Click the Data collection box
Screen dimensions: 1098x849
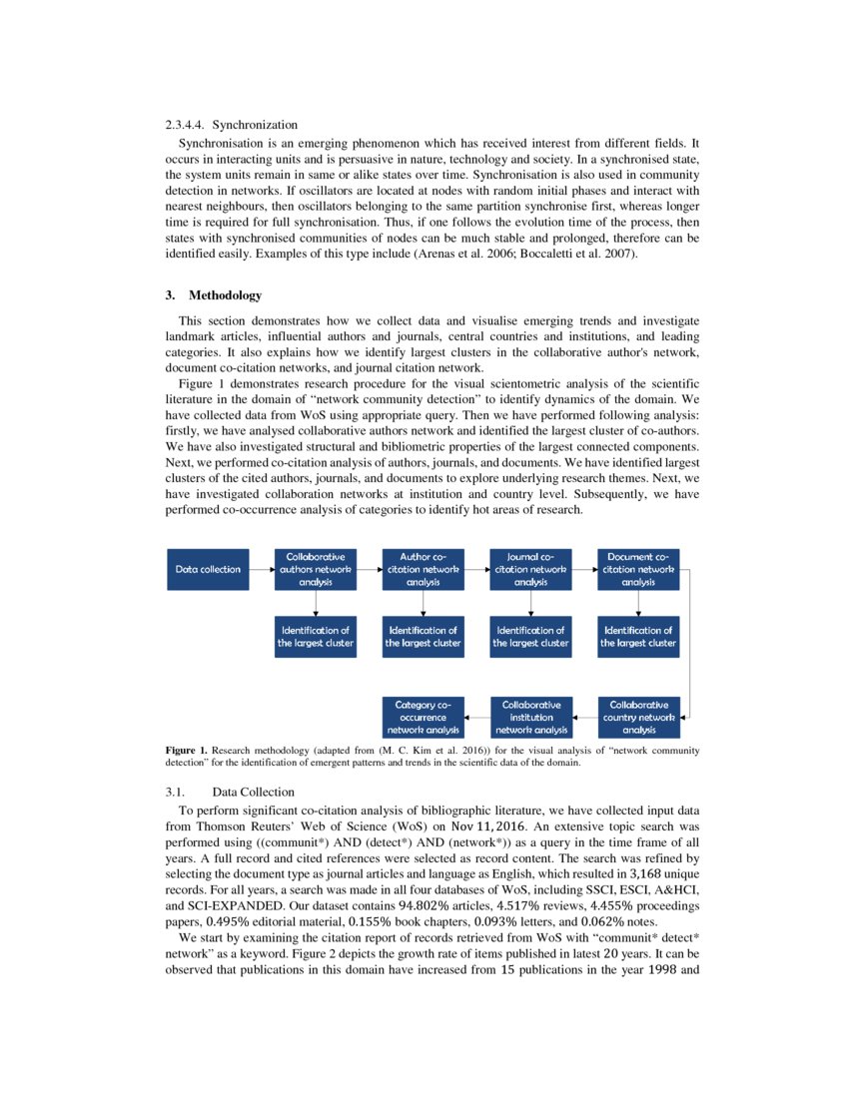pyautogui.click(x=208, y=569)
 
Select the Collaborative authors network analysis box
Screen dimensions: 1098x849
pyautogui.click(x=316, y=569)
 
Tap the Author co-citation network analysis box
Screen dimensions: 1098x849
pyautogui.click(x=424, y=569)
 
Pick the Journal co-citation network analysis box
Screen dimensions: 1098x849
pyautogui.click(x=530, y=569)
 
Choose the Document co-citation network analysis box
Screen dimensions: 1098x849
pyautogui.click(x=638, y=569)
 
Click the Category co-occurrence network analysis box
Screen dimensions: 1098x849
pyautogui.click(x=424, y=717)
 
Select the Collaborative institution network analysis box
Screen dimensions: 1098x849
pyautogui.click(x=530, y=717)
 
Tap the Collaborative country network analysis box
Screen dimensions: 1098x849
pyautogui.click(x=638, y=717)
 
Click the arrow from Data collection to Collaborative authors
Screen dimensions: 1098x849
pyautogui.click(x=262, y=569)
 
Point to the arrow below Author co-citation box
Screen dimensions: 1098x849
pyautogui.click(x=424, y=603)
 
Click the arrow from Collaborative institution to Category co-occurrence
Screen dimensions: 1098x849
pyautogui.click(x=476, y=717)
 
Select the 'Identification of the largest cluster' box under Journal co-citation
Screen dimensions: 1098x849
pyautogui.click(x=530, y=637)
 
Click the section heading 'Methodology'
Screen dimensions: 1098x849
pyautogui.click(x=226, y=295)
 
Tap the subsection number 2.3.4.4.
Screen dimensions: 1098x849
pyautogui.click(x=185, y=125)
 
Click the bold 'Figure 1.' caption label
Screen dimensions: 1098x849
pyautogui.click(x=187, y=750)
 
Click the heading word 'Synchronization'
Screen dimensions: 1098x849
pyautogui.click(x=255, y=125)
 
